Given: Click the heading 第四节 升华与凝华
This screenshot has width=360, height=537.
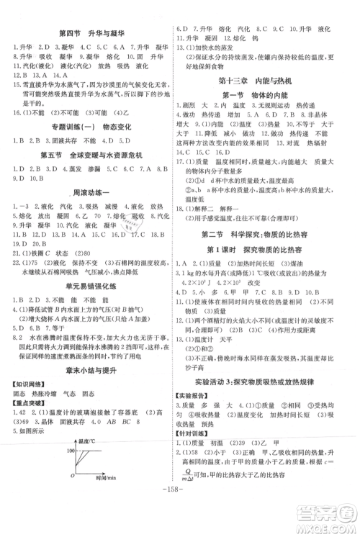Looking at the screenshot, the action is tap(91, 33).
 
